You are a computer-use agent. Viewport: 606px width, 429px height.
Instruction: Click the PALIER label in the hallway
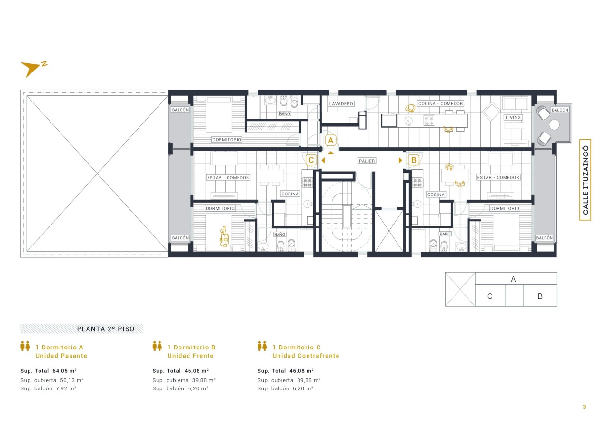[367, 161]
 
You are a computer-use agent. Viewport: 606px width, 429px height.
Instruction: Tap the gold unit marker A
[330, 141]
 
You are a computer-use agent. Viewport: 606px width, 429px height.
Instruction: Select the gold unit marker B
[413, 160]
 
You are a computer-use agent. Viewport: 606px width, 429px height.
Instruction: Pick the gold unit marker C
[311, 160]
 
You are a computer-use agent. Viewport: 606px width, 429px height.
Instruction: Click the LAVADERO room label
[341, 104]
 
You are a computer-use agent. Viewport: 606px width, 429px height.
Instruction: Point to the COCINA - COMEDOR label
[440, 103]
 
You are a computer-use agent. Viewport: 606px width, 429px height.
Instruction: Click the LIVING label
[513, 118]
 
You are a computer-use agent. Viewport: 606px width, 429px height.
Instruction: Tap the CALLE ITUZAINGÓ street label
[586, 180]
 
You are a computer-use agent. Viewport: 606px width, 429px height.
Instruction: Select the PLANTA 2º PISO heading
[106, 329]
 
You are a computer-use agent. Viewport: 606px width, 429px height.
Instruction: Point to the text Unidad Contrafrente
[306, 356]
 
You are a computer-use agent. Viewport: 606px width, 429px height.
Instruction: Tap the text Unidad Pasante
[61, 356]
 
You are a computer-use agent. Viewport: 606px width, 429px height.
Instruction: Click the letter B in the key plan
[540, 296]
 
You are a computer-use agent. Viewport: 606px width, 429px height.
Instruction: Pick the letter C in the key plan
[490, 296]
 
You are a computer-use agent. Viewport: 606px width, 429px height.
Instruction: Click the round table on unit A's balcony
[554, 124]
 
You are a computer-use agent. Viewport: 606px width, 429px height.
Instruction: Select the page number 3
[585, 407]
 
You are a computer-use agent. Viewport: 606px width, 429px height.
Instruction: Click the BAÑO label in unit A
[284, 114]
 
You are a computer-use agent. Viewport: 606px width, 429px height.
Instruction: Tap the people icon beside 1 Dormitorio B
[157, 346]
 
